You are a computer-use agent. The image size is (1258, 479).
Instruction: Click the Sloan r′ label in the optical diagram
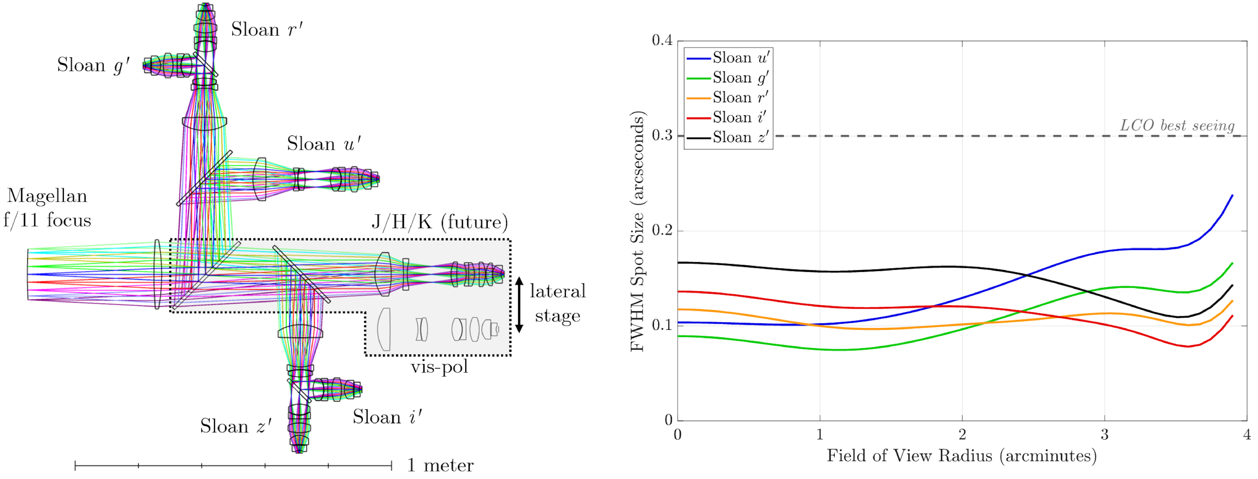[267, 30]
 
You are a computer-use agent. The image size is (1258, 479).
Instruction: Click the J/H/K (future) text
[439, 222]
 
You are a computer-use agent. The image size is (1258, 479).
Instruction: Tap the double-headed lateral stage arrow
[520, 304]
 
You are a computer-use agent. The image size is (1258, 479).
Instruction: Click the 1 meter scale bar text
[440, 465]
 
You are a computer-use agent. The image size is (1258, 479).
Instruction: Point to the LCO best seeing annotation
[1177, 126]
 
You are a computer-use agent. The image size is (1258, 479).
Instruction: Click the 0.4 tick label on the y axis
[662, 40]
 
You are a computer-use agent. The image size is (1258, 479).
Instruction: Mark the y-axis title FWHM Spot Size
[637, 231]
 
